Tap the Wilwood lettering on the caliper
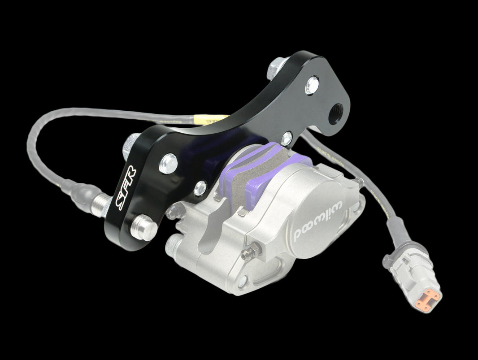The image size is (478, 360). point(318,221)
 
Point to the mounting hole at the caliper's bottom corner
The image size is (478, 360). point(242,281)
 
